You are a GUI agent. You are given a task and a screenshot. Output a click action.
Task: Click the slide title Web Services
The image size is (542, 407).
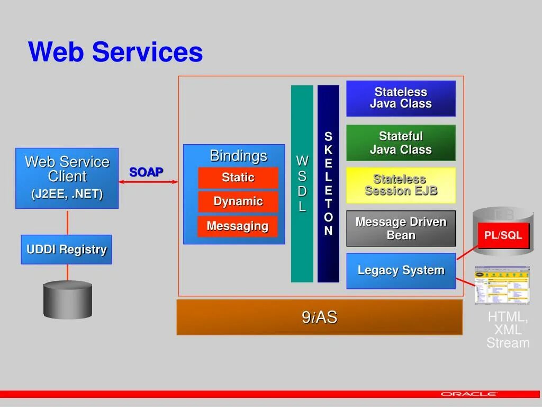click(x=115, y=52)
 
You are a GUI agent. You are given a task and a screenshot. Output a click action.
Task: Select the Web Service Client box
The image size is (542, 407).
click(x=67, y=178)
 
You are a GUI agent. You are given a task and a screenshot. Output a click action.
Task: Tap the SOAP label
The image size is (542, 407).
click(x=146, y=172)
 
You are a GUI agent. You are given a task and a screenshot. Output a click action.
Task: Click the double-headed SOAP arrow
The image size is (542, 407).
click(x=148, y=182)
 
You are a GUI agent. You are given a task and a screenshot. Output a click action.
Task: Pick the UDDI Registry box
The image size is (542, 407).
click(x=67, y=249)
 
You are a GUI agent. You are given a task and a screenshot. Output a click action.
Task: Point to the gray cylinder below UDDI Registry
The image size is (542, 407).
click(x=67, y=299)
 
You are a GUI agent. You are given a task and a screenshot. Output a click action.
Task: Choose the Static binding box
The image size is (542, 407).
click(x=238, y=178)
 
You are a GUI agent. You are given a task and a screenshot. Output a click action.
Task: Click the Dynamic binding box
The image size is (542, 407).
click(x=238, y=201)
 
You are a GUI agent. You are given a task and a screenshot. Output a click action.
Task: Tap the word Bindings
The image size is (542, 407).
click(x=238, y=156)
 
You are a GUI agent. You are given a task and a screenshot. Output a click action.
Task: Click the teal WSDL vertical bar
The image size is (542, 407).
click(x=302, y=183)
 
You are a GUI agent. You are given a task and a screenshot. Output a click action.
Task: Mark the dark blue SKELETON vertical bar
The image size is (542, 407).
click(x=328, y=183)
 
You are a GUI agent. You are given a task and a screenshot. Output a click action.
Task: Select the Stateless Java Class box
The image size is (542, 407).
click(x=401, y=98)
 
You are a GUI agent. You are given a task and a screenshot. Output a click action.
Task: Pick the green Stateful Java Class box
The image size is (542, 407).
click(x=401, y=143)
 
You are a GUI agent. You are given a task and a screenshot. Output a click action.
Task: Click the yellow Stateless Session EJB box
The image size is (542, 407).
click(x=401, y=185)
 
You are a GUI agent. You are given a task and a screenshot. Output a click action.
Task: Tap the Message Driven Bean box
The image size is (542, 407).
click(x=401, y=228)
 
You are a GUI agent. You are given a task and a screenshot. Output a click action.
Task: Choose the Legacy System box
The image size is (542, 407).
click(x=401, y=270)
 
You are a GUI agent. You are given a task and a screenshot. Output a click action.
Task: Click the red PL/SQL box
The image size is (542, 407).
click(x=503, y=235)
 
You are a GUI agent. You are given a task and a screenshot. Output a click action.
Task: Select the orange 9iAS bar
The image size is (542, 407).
click(x=319, y=317)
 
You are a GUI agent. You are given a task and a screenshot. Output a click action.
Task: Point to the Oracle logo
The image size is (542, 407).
click(x=469, y=394)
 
